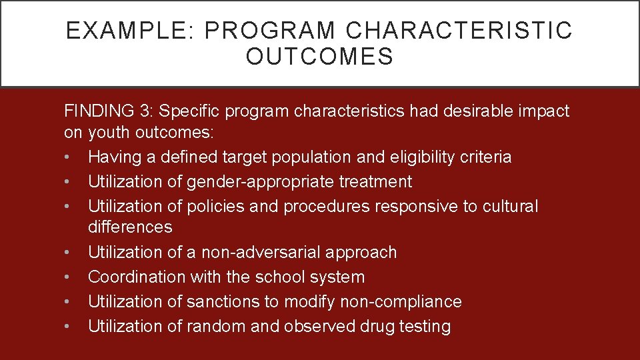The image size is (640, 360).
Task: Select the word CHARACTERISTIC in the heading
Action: [459, 31]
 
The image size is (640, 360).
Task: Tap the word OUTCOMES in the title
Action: [320, 57]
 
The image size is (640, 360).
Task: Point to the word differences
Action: [130, 227]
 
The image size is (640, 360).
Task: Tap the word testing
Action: [424, 326]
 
